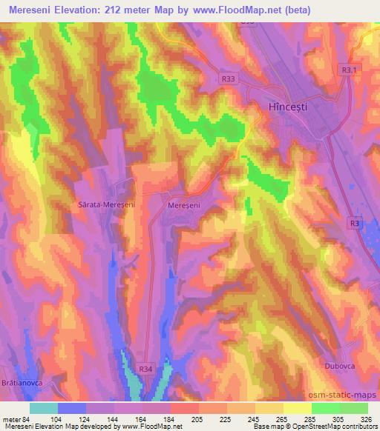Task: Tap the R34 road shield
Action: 148,365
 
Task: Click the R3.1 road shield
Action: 348,69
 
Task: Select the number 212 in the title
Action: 116,10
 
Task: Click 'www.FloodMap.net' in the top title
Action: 232,10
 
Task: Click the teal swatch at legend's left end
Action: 44,408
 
